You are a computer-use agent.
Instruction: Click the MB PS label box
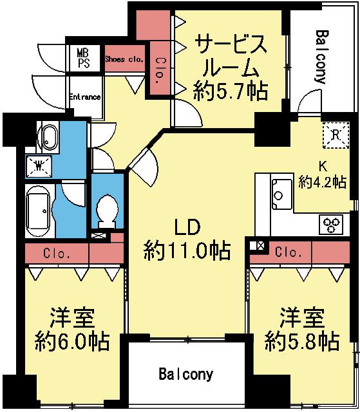click(x=84, y=57)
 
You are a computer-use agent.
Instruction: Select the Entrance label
click(x=84, y=97)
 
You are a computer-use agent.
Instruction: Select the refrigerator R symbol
click(x=336, y=133)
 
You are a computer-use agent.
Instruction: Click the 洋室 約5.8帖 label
click(x=301, y=329)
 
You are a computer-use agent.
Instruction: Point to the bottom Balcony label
click(x=186, y=373)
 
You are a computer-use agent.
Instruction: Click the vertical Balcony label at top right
click(x=322, y=57)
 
